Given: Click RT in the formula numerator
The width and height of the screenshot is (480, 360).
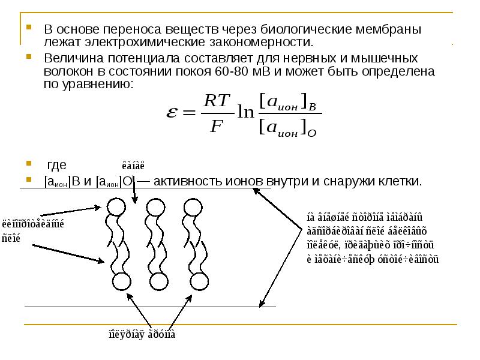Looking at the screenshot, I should pyautogui.click(x=217, y=101).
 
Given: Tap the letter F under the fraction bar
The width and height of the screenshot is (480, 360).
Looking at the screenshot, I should pyautogui.click(x=217, y=127).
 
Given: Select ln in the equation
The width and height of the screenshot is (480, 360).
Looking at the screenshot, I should pyautogui.click(x=245, y=113).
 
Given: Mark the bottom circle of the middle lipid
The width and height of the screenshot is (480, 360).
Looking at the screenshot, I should pyautogui.click(x=159, y=281).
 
